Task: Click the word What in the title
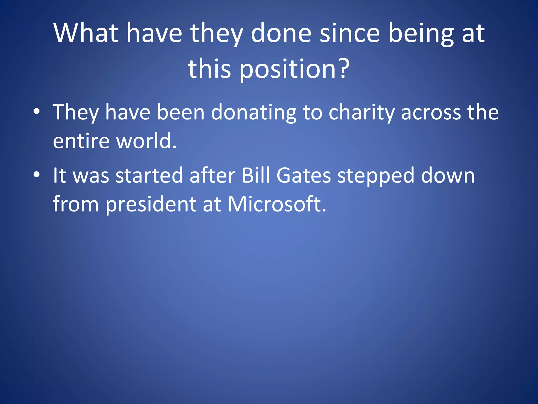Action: [86, 33]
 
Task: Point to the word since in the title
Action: [350, 33]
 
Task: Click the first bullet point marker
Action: [37, 112]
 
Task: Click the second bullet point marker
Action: [37, 175]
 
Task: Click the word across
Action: [431, 113]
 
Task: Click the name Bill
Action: [256, 175]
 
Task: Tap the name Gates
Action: [304, 175]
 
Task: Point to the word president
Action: [151, 205]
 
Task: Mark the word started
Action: [149, 175]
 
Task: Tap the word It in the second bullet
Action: [59, 175]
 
